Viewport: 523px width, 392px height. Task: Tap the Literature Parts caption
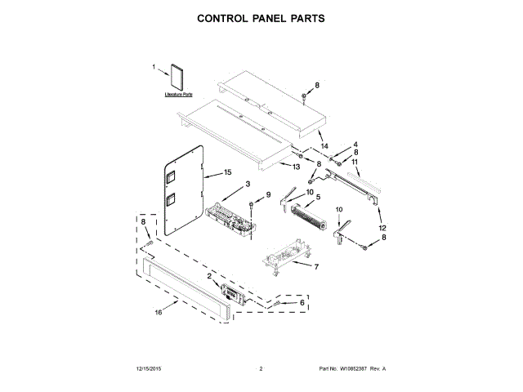click(177, 96)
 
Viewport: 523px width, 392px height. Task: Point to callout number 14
click(324, 145)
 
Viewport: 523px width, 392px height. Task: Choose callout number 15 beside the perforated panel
click(229, 173)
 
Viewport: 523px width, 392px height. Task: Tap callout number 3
click(248, 185)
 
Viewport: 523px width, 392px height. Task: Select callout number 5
click(317, 198)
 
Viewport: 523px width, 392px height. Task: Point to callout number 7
click(317, 266)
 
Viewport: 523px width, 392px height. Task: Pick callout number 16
click(158, 312)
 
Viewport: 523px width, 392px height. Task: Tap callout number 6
click(302, 302)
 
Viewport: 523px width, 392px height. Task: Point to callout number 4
click(355, 145)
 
